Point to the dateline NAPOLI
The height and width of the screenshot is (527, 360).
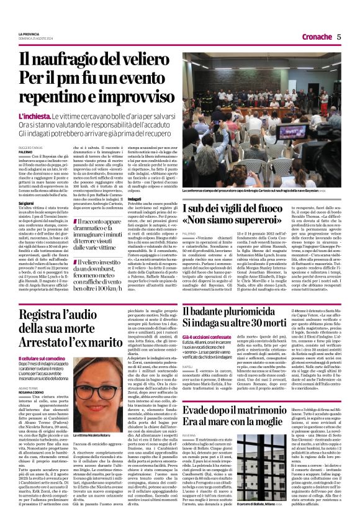(190, 367)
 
